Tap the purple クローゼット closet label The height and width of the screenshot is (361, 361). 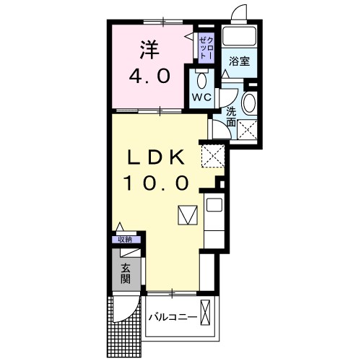click(x=205, y=46)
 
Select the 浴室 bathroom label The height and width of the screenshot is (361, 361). click(x=240, y=62)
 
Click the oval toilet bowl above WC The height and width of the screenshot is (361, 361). click(x=201, y=79)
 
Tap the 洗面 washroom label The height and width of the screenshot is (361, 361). click(x=230, y=117)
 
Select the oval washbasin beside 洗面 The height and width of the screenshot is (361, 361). click(x=249, y=103)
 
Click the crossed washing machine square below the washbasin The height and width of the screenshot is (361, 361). click(x=249, y=129)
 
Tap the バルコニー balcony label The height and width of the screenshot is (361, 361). click(x=173, y=317)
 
